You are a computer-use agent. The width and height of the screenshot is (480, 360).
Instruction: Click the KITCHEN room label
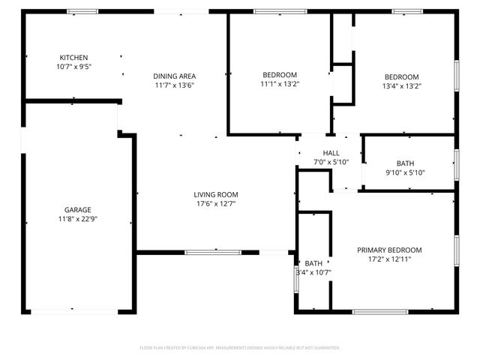click(x=74, y=58)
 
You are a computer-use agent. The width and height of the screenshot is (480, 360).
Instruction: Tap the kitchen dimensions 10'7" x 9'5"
click(x=74, y=67)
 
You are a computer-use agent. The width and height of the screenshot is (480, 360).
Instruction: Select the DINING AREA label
click(x=175, y=76)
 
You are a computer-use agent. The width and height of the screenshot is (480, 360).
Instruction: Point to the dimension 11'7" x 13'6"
click(x=175, y=85)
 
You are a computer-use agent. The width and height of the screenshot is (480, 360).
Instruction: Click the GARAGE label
click(x=77, y=210)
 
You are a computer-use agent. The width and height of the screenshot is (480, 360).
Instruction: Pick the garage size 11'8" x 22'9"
click(x=77, y=219)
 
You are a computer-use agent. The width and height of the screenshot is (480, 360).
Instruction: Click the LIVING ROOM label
click(x=216, y=195)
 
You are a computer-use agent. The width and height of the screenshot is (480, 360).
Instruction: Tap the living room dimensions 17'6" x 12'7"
click(x=216, y=204)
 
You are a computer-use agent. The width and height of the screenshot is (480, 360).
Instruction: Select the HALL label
click(x=331, y=153)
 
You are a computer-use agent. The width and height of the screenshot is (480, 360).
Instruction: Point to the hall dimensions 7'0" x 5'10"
click(x=331, y=162)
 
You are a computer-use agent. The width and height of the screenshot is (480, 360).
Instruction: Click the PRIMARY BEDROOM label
click(x=389, y=250)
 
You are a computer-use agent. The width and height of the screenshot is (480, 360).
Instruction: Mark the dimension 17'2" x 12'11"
click(x=389, y=259)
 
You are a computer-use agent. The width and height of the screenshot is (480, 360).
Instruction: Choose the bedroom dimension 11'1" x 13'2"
click(x=280, y=85)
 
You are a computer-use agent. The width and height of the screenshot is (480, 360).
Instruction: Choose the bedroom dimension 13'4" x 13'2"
click(x=402, y=85)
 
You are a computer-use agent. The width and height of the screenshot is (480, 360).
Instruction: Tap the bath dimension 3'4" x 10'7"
click(x=313, y=272)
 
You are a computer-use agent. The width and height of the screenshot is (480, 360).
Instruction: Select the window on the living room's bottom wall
click(x=213, y=252)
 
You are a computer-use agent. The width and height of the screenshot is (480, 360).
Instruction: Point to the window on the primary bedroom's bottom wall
click(x=380, y=311)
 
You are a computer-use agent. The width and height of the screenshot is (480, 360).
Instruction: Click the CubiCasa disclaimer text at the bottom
click(x=240, y=348)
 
